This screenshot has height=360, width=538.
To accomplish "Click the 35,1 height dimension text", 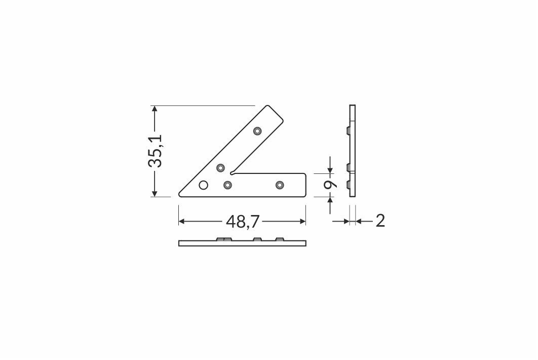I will [x=155, y=151].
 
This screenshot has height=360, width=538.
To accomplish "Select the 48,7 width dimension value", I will [x=242, y=221].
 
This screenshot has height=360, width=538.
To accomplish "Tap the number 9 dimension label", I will [x=330, y=185].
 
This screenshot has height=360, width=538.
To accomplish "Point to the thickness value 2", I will [x=380, y=221].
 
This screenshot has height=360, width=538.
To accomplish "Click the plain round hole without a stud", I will [x=204, y=185].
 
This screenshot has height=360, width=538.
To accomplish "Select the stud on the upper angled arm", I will [x=257, y=131].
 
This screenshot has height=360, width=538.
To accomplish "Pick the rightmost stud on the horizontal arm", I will [x=280, y=185].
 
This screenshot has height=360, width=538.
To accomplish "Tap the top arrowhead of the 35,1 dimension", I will [x=155, y=110].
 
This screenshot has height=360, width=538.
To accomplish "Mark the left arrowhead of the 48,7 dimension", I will [x=183, y=221].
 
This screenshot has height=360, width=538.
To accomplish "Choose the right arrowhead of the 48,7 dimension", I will [x=302, y=221].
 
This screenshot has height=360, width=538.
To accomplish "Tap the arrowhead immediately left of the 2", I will [x=346, y=221].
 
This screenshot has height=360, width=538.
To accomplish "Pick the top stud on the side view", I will [x=348, y=131].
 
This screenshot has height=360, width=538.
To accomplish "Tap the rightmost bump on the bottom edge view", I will [x=280, y=238].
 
